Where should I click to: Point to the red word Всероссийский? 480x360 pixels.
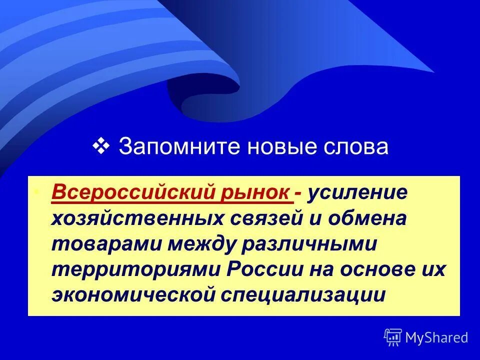tap(134, 193)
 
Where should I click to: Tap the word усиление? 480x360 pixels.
tap(358, 193)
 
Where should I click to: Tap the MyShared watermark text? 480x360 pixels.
tap(436, 338)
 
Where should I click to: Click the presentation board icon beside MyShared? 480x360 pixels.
tap(393, 337)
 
